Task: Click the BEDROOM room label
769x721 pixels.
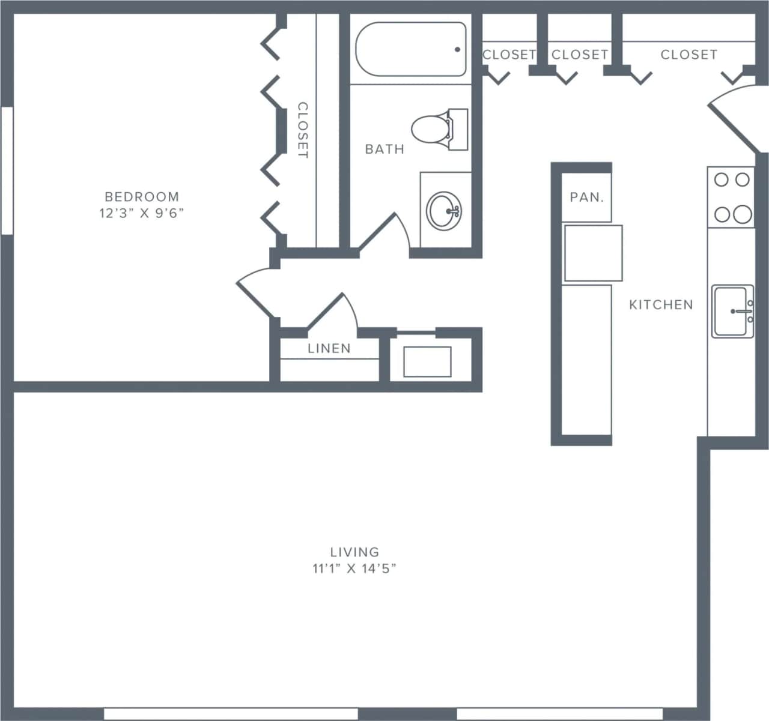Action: pyautogui.click(x=142, y=196)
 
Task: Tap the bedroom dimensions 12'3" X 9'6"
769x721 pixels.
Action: pyautogui.click(x=142, y=213)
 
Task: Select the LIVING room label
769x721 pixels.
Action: pyautogui.click(x=354, y=551)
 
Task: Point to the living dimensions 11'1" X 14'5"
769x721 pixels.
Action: pyautogui.click(x=354, y=568)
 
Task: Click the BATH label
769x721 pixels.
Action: pyautogui.click(x=384, y=149)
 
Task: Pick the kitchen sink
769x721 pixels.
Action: pyautogui.click(x=732, y=311)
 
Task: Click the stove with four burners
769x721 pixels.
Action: pyautogui.click(x=731, y=197)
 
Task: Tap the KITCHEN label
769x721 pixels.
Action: pyautogui.click(x=661, y=305)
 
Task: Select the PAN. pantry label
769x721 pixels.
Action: pyautogui.click(x=586, y=197)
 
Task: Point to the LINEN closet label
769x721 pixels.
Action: pyautogui.click(x=329, y=348)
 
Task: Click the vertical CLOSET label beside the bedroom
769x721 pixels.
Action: pyautogui.click(x=302, y=130)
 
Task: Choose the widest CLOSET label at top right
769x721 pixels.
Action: pyautogui.click(x=688, y=55)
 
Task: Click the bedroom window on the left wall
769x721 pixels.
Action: pyautogui.click(x=7, y=170)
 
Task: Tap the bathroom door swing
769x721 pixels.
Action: pyautogui.click(x=384, y=231)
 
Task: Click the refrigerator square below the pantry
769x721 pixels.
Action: pyautogui.click(x=592, y=253)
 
